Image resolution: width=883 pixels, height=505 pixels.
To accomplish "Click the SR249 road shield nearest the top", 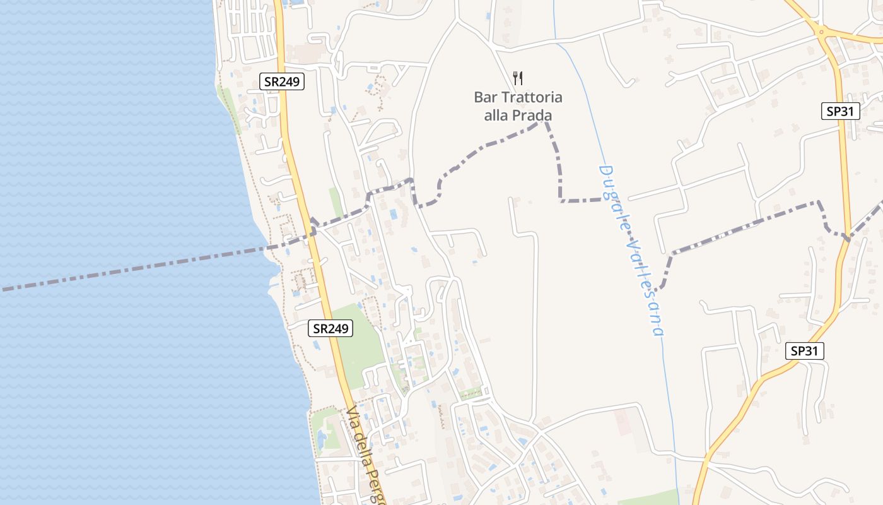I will pyautogui.click(x=282, y=81).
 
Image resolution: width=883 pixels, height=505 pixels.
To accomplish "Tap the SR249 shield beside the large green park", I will pyautogui.click(x=330, y=328).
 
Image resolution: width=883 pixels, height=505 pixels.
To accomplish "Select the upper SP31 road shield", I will pyautogui.click(x=841, y=112).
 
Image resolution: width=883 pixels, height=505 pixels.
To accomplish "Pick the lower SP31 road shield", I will pyautogui.click(x=805, y=351).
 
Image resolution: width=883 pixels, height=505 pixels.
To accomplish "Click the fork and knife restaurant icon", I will pyautogui.click(x=518, y=78).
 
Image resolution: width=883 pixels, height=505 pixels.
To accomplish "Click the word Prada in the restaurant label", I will pyautogui.click(x=533, y=116).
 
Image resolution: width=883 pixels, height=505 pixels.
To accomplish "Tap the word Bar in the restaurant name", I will pyautogui.click(x=484, y=98).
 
